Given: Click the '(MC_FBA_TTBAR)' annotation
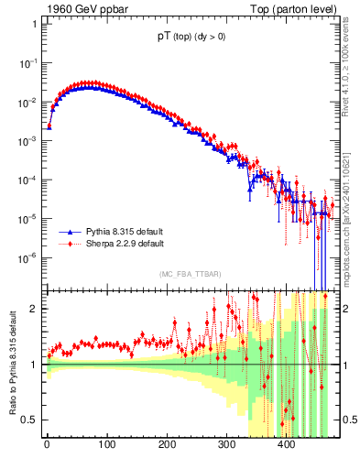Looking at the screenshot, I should pos(190,274).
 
